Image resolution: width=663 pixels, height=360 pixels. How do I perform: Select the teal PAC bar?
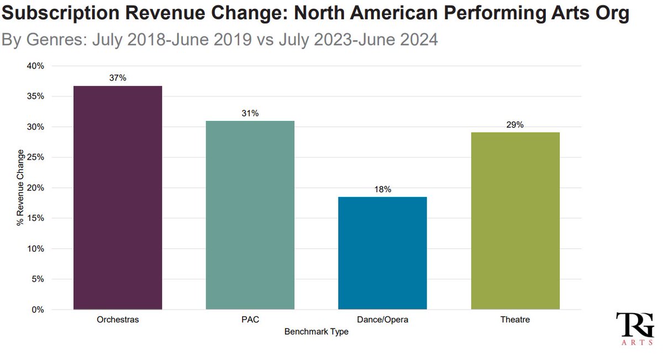click(250, 215)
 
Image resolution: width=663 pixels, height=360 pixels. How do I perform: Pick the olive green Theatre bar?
click(515, 221)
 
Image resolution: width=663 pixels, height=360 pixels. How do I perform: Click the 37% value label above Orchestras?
click(117, 78)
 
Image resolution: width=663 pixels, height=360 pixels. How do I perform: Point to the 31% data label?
click(250, 113)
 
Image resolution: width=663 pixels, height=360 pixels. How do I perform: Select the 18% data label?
click(382, 189)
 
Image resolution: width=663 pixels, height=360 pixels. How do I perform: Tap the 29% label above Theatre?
click(515, 125)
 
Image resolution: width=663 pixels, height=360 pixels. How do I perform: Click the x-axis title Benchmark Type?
click(316, 332)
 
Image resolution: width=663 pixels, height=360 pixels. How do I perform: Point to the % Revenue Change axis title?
click(20, 188)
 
